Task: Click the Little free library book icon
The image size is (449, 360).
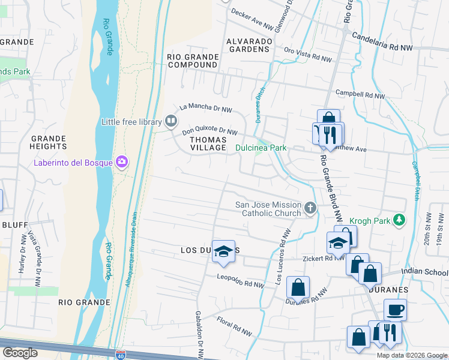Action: pos(171,122)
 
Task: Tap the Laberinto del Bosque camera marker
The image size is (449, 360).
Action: pos(122,161)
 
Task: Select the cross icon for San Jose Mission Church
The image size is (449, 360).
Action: pos(310,208)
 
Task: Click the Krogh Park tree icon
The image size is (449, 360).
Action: pos(399,221)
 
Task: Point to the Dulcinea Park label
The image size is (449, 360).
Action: pos(261,148)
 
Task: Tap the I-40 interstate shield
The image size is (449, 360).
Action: pos(121,355)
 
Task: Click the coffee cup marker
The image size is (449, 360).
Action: pos(395,310)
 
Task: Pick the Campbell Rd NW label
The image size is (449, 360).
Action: pos(360,95)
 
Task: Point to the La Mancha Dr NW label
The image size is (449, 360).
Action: pos(206,107)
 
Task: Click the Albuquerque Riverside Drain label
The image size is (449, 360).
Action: pos(131,248)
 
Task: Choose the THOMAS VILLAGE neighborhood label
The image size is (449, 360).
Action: pos(208,143)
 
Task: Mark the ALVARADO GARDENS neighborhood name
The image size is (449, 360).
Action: pos(249,45)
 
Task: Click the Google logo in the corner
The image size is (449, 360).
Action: pos(20,353)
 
